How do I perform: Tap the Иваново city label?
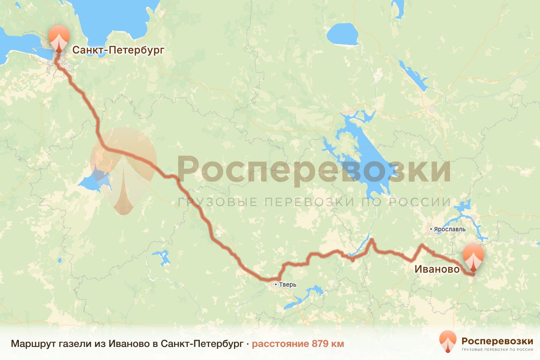(x=437, y=270)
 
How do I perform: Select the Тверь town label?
(x=288, y=284)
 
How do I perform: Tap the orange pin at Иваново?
(x=473, y=256)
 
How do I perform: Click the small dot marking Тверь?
(x=275, y=284)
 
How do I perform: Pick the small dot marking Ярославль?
(x=431, y=229)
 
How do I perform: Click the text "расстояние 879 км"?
(x=297, y=344)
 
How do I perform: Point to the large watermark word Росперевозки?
(x=314, y=170)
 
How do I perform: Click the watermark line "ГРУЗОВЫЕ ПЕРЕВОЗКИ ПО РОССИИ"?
(x=314, y=202)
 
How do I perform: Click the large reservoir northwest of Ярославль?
(x=364, y=162)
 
